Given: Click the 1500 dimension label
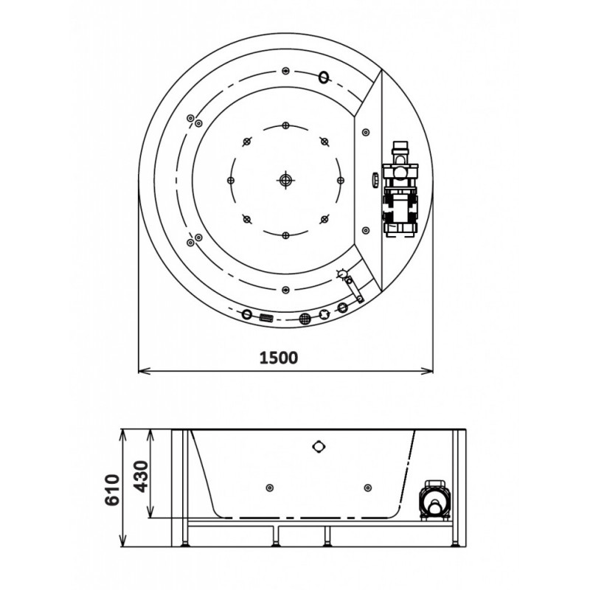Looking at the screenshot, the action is (x=279, y=358).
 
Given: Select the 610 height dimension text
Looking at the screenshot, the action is (x=112, y=490).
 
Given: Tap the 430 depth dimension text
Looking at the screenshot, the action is (x=142, y=476).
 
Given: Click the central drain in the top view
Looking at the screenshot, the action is (x=285, y=180).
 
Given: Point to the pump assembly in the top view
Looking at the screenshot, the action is (x=400, y=190).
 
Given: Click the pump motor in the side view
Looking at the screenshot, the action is (x=434, y=501).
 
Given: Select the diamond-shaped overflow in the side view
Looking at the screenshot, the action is (x=319, y=447).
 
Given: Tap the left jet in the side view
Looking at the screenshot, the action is (x=269, y=488).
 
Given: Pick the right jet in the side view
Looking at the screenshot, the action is (x=367, y=488).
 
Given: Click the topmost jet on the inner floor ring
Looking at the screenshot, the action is (x=285, y=125).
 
